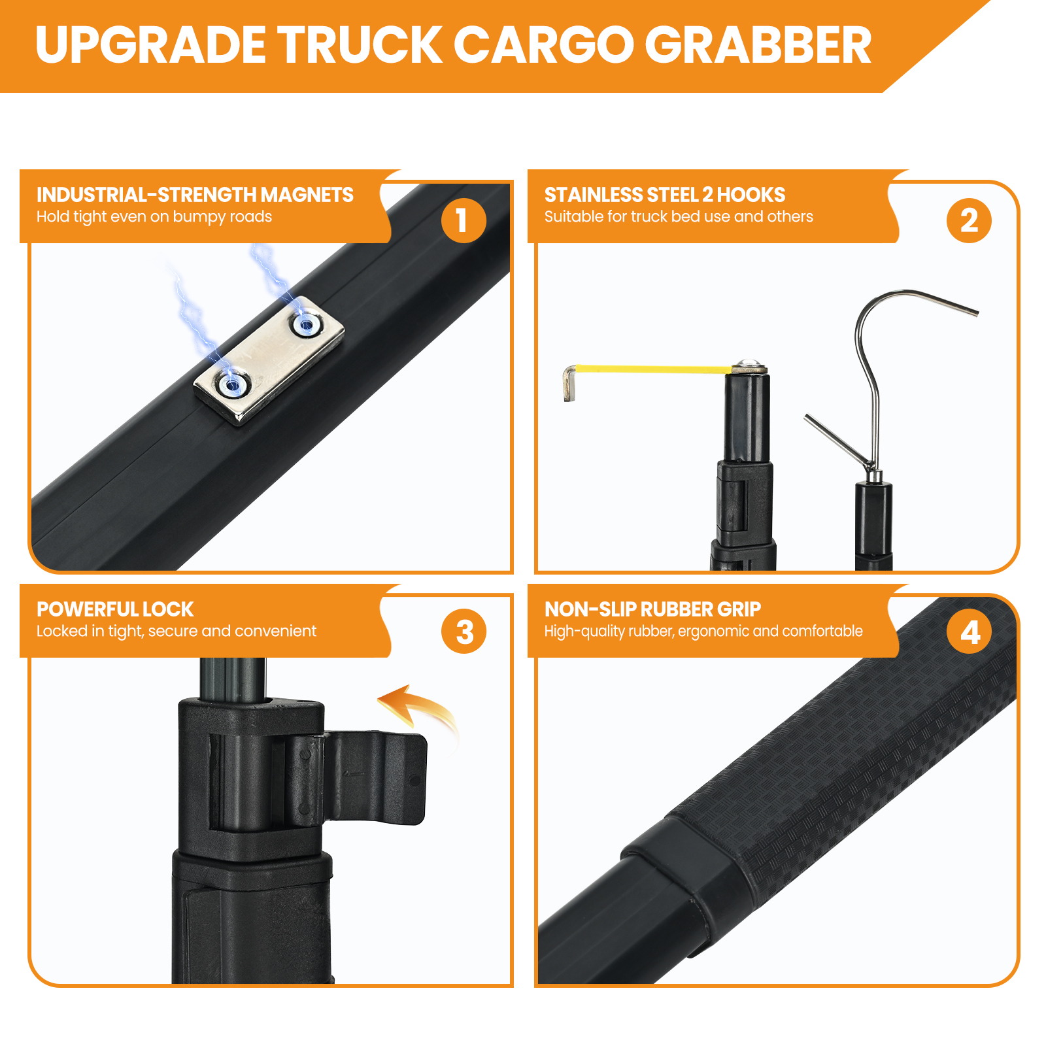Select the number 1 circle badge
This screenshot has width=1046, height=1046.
464,220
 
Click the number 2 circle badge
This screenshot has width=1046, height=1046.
969,220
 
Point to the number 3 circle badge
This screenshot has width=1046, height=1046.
464,632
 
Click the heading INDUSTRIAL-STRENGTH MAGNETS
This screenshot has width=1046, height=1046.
195,195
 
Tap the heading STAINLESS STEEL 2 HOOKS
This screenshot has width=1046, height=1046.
665,195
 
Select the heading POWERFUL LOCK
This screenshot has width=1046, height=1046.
115,609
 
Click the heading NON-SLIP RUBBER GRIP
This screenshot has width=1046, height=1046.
652,609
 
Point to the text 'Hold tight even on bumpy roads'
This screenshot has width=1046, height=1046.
154,217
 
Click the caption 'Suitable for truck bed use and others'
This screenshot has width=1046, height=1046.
679,217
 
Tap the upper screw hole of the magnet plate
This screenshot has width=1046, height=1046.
305,322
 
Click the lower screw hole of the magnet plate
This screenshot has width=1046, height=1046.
231,384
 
